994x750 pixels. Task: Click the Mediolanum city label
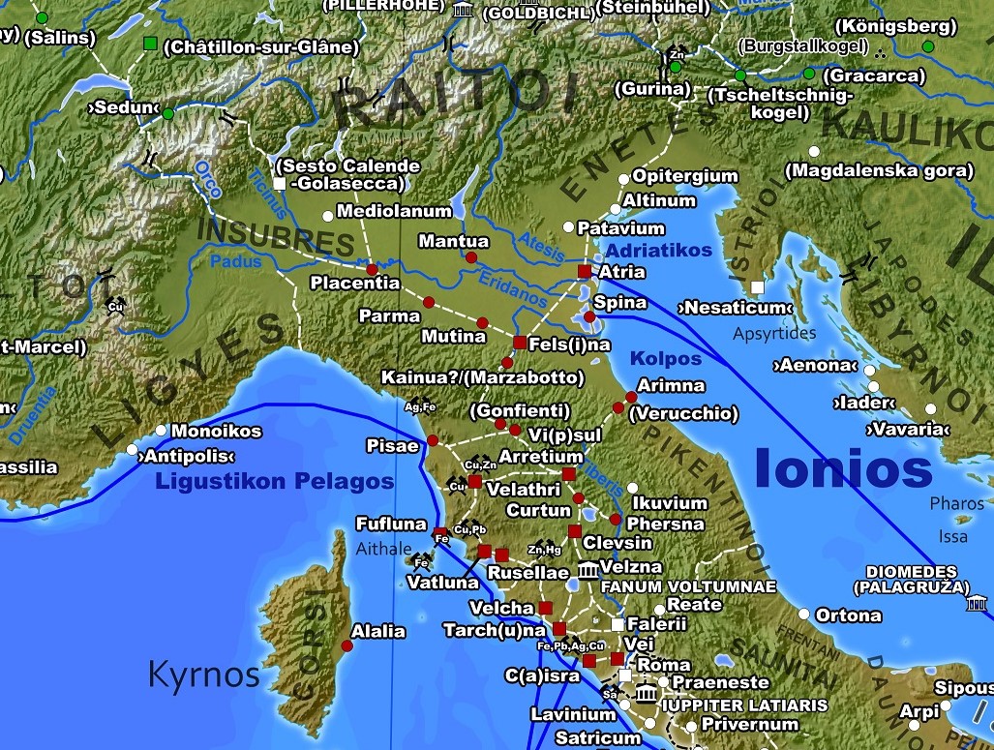394,211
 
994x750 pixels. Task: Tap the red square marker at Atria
583,271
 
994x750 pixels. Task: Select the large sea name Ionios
842,469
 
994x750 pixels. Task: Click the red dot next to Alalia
346,645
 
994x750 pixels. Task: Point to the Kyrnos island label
203,675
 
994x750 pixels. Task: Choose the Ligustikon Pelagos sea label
275,482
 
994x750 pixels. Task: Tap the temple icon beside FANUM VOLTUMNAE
587,570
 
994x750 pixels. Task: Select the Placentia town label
354,284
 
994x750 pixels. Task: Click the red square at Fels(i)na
519,343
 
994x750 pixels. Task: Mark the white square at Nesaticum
757,287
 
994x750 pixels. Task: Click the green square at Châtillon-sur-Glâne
150,44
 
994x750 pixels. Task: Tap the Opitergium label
685,177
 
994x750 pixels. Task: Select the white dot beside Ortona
803,615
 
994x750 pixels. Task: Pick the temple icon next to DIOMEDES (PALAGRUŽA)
977,605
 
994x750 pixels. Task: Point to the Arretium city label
540,457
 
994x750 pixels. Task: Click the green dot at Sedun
167,114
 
